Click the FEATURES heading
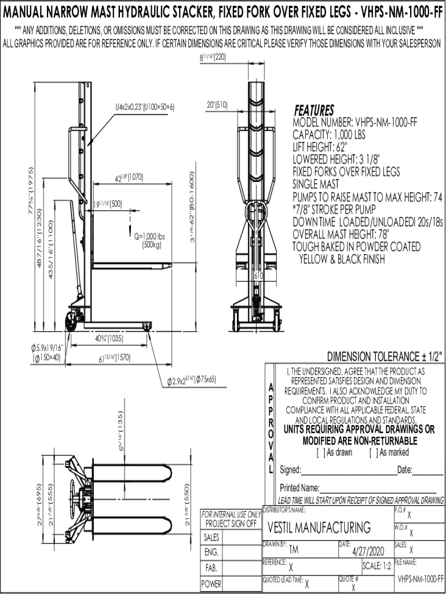point(313,110)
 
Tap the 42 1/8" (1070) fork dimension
point(128,177)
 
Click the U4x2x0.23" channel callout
point(144,108)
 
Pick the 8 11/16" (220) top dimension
point(213,59)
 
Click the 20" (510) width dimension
point(217,105)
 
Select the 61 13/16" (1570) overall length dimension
point(114,358)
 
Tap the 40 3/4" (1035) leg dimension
point(108,339)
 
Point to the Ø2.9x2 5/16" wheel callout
point(192,380)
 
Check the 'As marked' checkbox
point(372,452)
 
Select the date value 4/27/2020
point(368,550)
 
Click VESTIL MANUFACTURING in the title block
point(319,528)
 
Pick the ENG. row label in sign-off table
point(211,552)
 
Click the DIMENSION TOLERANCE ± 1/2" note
point(386,356)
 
